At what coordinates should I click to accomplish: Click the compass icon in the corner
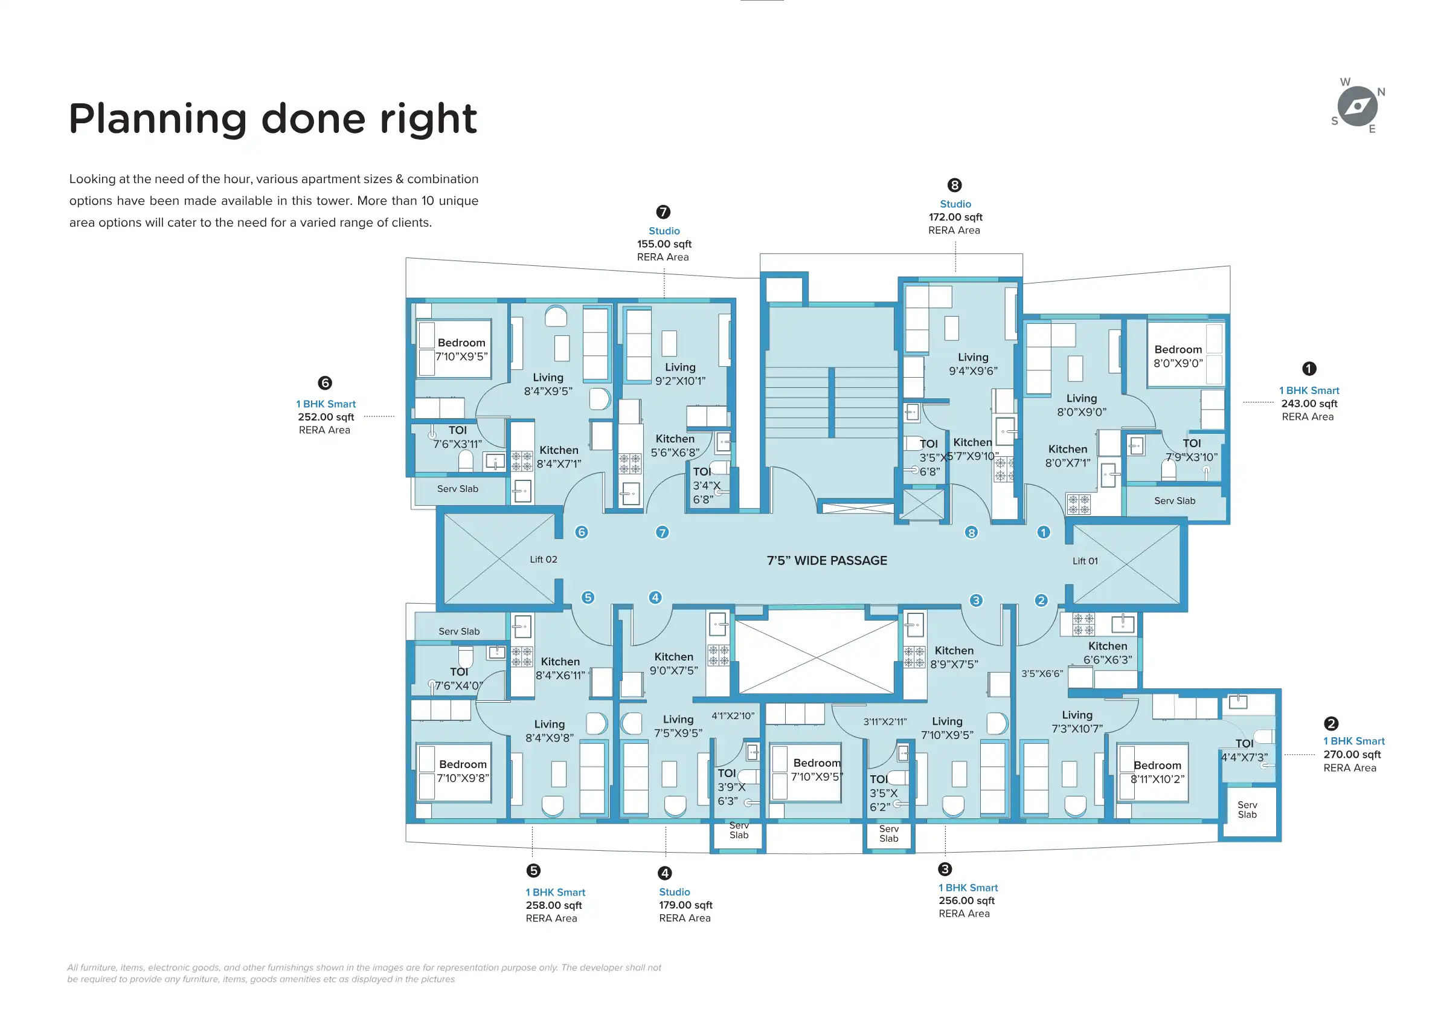(x=1357, y=106)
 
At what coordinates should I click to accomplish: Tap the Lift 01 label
(x=1085, y=561)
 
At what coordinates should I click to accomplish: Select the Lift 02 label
(x=543, y=560)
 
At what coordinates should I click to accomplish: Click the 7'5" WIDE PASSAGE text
(x=827, y=561)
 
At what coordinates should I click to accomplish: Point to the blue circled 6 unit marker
(x=581, y=532)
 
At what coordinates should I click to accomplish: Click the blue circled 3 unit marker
(x=976, y=600)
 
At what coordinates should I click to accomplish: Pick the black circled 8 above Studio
(x=954, y=185)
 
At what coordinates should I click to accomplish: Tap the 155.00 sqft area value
(x=664, y=244)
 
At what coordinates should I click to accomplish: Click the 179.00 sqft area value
(x=685, y=905)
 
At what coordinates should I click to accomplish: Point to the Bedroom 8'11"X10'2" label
(x=1157, y=772)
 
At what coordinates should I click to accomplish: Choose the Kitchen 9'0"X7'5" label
(x=674, y=663)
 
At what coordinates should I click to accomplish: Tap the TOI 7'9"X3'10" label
(x=1191, y=451)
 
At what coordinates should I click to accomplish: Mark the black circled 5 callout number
(x=533, y=870)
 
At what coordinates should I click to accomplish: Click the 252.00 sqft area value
(x=326, y=417)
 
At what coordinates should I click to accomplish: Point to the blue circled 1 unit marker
(x=1044, y=532)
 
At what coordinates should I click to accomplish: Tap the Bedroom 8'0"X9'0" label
(x=1178, y=356)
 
